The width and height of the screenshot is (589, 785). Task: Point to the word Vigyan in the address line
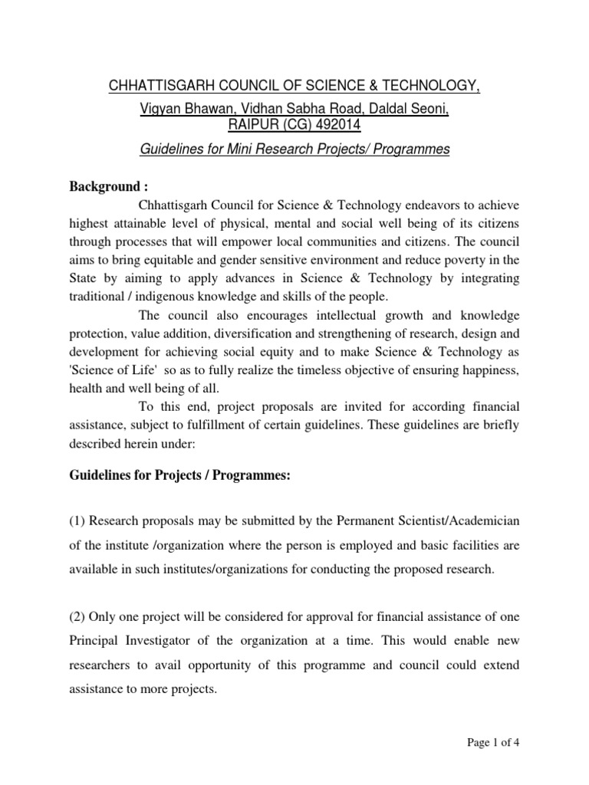click(x=162, y=110)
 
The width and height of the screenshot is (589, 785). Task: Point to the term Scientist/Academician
click(x=458, y=521)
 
